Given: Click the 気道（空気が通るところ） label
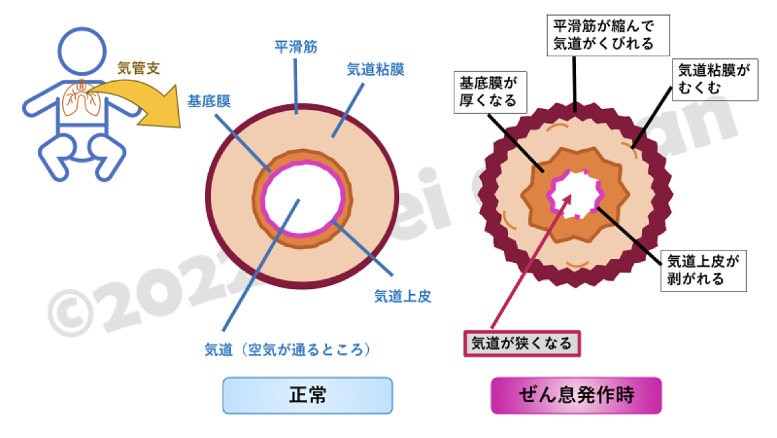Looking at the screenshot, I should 288,350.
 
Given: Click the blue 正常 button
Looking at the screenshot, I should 308,396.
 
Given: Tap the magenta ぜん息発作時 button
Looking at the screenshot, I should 576,396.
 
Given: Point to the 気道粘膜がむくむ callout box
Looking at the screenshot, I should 714,78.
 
